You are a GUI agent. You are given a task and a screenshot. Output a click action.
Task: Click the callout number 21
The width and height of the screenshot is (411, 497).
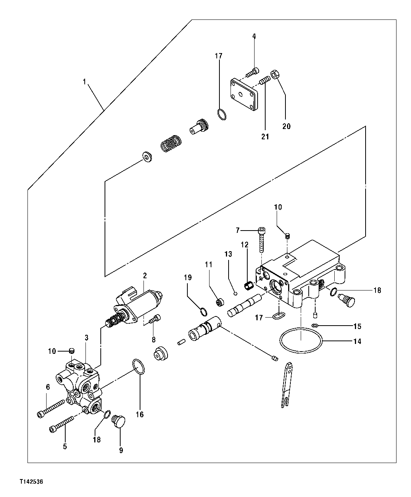click(265, 136)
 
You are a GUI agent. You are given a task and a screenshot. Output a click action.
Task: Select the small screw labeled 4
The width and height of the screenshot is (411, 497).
click(253, 71)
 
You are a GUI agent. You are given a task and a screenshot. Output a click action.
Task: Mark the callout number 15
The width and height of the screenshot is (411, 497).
click(357, 326)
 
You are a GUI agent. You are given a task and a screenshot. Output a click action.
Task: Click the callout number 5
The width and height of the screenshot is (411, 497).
click(64, 446)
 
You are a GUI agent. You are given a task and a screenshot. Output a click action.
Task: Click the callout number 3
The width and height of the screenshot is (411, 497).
click(87, 337)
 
